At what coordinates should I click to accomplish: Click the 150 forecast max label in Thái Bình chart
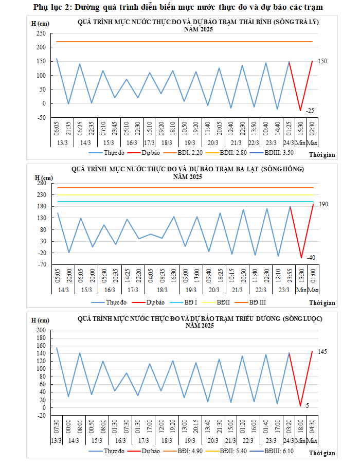coord(322,61)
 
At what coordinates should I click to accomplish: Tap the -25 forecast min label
coord(310,111)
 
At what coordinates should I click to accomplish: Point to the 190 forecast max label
coord(323,204)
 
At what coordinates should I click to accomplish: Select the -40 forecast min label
coord(311,258)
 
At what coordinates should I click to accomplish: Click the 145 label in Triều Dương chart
coord(322,351)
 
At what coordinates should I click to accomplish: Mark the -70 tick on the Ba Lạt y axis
coord(41,264)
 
